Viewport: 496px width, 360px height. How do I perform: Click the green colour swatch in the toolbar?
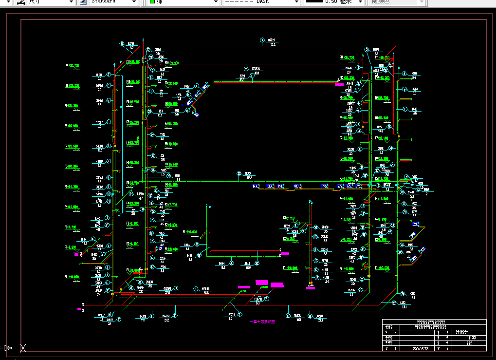[x=152, y=1]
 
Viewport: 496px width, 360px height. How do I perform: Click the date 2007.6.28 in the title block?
[x=421, y=348]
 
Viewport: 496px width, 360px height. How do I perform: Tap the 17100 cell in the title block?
[x=471, y=338]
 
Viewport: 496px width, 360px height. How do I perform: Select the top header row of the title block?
[x=434, y=322]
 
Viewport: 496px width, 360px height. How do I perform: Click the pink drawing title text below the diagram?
[x=262, y=322]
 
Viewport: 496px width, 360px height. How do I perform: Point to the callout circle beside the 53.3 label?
[x=262, y=40]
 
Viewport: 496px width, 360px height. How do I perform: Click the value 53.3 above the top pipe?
[x=273, y=44]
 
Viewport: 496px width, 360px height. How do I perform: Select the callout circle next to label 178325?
[x=246, y=69]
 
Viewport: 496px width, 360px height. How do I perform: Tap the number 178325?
[x=255, y=69]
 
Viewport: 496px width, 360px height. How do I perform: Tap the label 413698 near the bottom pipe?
[x=205, y=289]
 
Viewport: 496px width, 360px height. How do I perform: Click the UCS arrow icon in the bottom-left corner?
[x=7, y=348]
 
